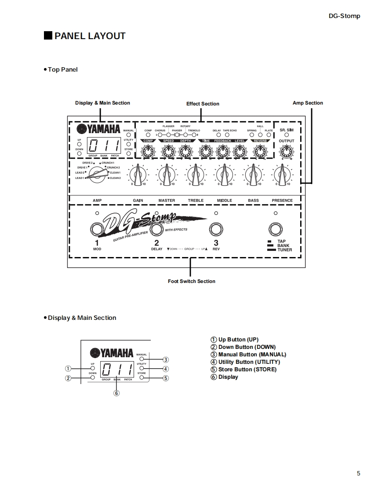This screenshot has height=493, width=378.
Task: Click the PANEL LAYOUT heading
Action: click(x=90, y=36)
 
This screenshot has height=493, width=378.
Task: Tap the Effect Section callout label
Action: click(x=203, y=104)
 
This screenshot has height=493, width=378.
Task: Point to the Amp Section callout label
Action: click(x=308, y=103)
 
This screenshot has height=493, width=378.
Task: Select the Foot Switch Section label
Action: click(x=192, y=281)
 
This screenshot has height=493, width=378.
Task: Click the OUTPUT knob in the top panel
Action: click(x=287, y=152)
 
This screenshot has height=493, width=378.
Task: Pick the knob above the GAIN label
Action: click(x=138, y=174)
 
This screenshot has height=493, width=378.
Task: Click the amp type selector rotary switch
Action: click(x=97, y=175)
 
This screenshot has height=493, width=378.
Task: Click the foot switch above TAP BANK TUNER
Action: click(x=276, y=229)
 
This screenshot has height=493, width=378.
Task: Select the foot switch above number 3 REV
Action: click(x=215, y=229)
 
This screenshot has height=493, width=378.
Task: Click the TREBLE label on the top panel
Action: click(x=196, y=200)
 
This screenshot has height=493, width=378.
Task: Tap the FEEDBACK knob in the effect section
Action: click(x=223, y=152)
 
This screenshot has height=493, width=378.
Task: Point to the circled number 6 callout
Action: click(x=116, y=393)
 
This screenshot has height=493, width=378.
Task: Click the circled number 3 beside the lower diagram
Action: click(x=166, y=359)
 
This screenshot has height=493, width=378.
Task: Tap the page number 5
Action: click(x=359, y=473)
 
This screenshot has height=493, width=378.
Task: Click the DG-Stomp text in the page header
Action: click(x=344, y=16)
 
